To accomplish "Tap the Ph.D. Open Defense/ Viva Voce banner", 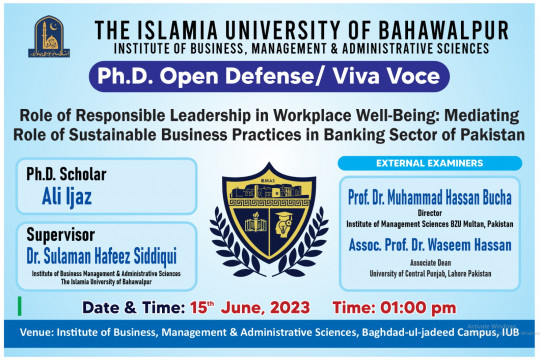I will (x=270, y=75).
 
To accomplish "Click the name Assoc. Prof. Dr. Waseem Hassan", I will (x=430, y=244).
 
